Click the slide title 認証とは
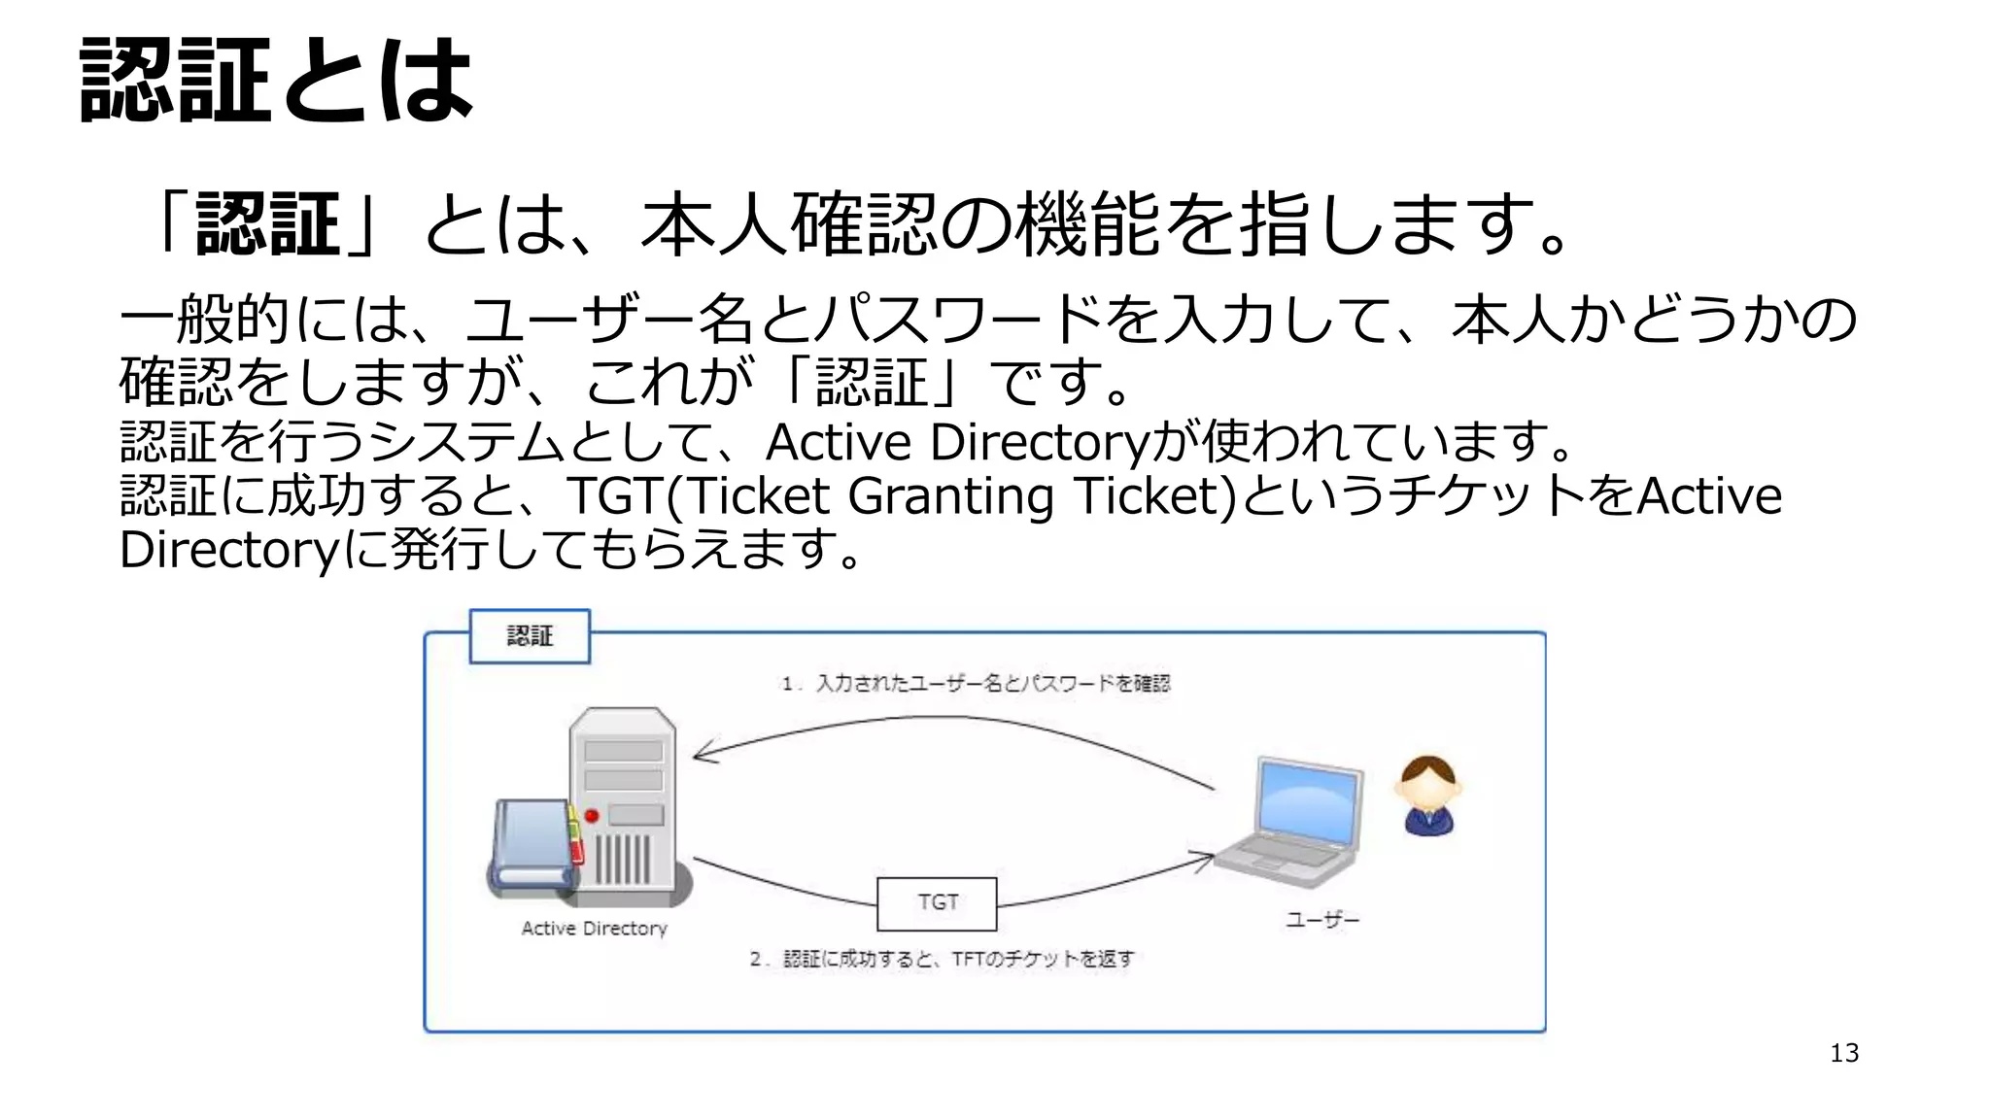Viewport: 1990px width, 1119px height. [276, 80]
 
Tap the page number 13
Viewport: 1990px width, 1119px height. [1843, 1053]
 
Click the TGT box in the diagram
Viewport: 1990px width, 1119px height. [937, 903]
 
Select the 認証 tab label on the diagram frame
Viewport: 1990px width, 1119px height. [530, 636]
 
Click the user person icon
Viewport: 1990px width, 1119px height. [1428, 795]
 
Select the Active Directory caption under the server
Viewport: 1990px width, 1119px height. [594, 929]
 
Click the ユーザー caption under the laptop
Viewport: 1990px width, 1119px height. [1322, 920]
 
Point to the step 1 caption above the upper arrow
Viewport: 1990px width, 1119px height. [976, 684]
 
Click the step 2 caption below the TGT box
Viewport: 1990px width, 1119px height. [942, 960]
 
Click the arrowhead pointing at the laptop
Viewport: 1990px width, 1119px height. [1205, 859]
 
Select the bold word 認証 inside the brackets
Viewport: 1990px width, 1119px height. [267, 224]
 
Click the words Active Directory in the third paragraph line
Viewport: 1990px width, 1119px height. [957, 443]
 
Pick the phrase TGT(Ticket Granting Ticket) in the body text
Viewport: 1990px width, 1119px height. [901, 496]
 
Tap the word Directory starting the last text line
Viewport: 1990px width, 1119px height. [227, 551]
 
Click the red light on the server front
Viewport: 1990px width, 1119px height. [591, 815]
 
